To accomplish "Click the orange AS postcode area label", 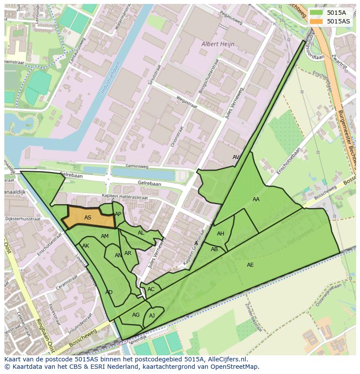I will click(x=88, y=218).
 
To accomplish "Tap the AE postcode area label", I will click(x=250, y=265).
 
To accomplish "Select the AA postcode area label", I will click(x=256, y=199).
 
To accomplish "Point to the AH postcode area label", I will click(x=220, y=234).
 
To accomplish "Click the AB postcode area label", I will click(x=214, y=249).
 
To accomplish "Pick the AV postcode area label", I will click(x=236, y=157).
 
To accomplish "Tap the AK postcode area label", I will click(x=86, y=246).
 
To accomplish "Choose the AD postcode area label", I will click(x=109, y=292).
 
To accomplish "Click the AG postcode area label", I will click(x=136, y=315).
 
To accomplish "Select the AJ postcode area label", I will click(x=152, y=316).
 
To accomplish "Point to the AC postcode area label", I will click(x=151, y=289).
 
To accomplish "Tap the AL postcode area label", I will click(x=141, y=233).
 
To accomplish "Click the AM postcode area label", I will click(x=105, y=236).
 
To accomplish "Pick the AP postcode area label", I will click(x=118, y=214).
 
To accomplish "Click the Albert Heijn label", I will click(x=218, y=44).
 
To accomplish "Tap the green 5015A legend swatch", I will click(x=317, y=13).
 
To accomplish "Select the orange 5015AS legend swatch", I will click(x=317, y=21).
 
